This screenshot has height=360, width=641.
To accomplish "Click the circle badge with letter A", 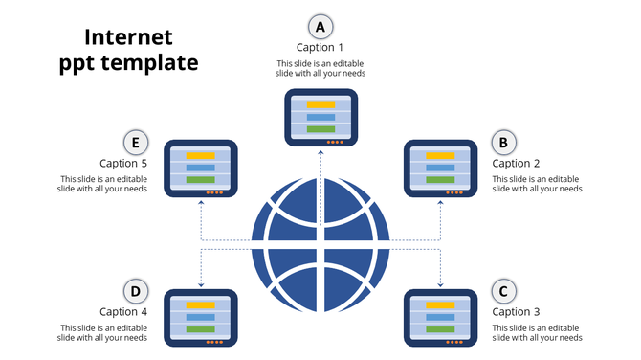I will click(320, 26).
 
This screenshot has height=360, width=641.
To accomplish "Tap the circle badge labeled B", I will click(504, 143).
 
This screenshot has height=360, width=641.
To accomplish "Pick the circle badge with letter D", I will click(137, 291).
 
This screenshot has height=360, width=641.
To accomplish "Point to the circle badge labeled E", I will click(137, 143).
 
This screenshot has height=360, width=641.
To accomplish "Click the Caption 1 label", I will click(320, 47).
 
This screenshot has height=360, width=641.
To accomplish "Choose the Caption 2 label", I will click(517, 164).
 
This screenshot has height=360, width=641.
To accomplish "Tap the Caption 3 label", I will click(517, 312).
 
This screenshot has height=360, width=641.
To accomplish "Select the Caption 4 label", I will click(123, 312).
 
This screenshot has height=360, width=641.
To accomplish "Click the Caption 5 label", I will click(123, 164).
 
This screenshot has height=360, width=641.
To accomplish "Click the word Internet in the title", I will click(128, 37).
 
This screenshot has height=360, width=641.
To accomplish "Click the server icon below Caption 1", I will click(320, 118).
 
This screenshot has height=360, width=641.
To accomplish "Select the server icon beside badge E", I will click(200, 169).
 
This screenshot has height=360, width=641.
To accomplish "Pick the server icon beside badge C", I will click(441, 317).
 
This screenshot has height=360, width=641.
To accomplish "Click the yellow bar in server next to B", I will click(440, 155).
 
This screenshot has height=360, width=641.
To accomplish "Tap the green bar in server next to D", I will click(200, 328).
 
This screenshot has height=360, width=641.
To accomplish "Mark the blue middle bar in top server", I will click(320, 117).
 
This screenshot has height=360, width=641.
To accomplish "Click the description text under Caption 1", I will click(320, 68).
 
